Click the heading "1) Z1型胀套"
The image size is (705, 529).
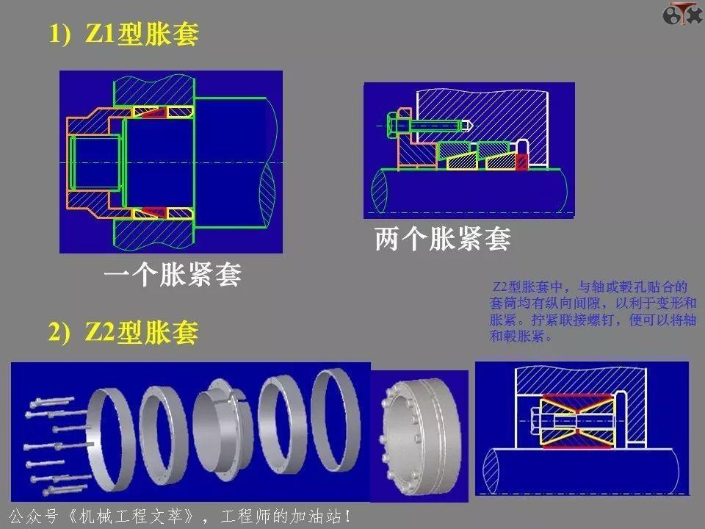[x=124, y=35]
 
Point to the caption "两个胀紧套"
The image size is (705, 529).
[x=442, y=239]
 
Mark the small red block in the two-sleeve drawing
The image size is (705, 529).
[x=522, y=162]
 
